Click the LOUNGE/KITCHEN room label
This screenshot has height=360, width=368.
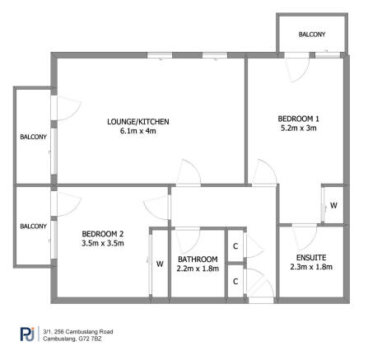point(138,122)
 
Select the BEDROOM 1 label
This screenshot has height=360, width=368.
point(298,119)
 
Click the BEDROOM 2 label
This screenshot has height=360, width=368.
point(103,234)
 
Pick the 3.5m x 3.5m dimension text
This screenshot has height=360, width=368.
point(103,243)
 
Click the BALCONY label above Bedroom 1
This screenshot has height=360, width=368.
point(311,35)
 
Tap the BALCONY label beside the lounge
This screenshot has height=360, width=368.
point(33,138)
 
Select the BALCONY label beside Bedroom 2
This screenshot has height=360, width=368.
point(33,227)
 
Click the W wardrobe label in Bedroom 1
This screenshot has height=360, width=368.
point(333,204)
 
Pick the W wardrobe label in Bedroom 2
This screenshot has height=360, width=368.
point(159,264)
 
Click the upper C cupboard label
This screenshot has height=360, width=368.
point(235,246)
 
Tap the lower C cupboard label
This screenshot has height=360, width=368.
point(235,282)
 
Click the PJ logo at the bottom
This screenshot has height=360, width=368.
point(26,334)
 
